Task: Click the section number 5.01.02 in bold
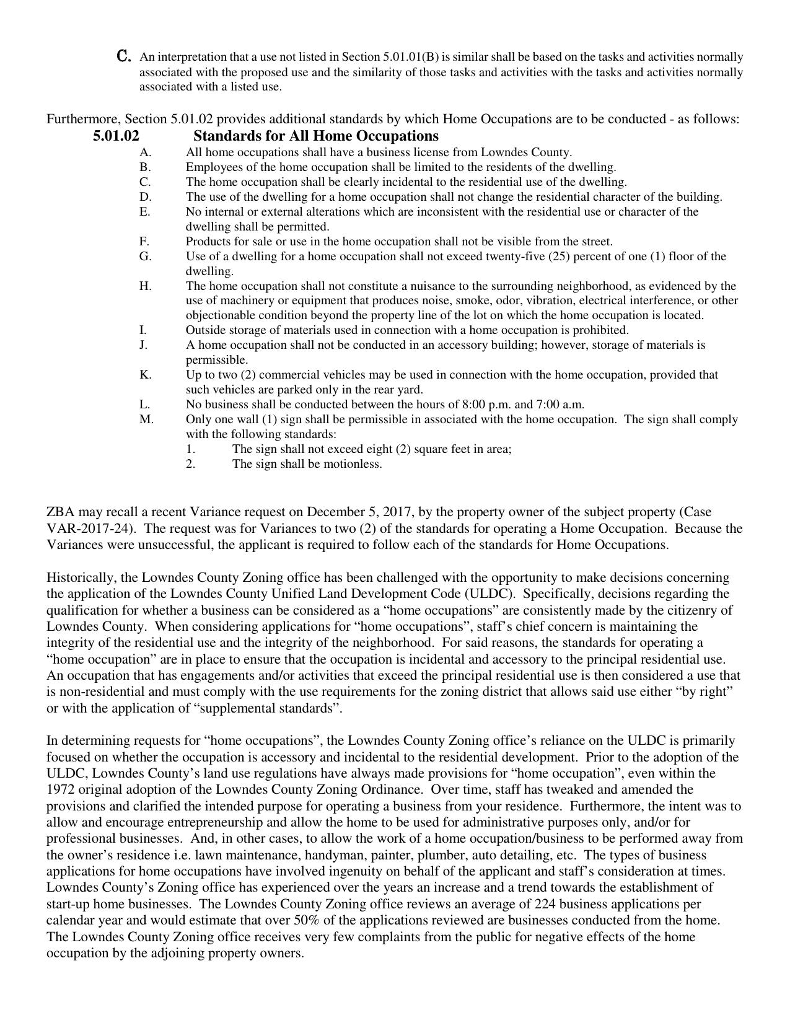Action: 116,136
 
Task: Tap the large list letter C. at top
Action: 124,56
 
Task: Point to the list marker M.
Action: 146,419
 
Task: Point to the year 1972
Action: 60,789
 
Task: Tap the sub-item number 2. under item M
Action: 191,464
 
